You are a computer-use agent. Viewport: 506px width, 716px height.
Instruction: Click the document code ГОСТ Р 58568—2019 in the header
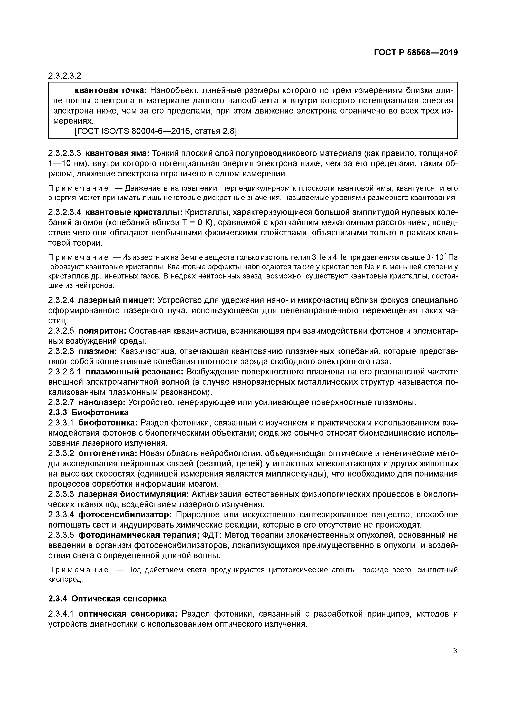click(x=416, y=53)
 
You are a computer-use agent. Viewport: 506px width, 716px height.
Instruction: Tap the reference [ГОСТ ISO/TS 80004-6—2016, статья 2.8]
click(x=156, y=131)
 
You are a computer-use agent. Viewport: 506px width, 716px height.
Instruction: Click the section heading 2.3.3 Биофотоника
click(x=89, y=413)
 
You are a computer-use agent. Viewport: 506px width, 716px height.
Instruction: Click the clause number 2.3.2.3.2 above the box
click(x=65, y=76)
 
